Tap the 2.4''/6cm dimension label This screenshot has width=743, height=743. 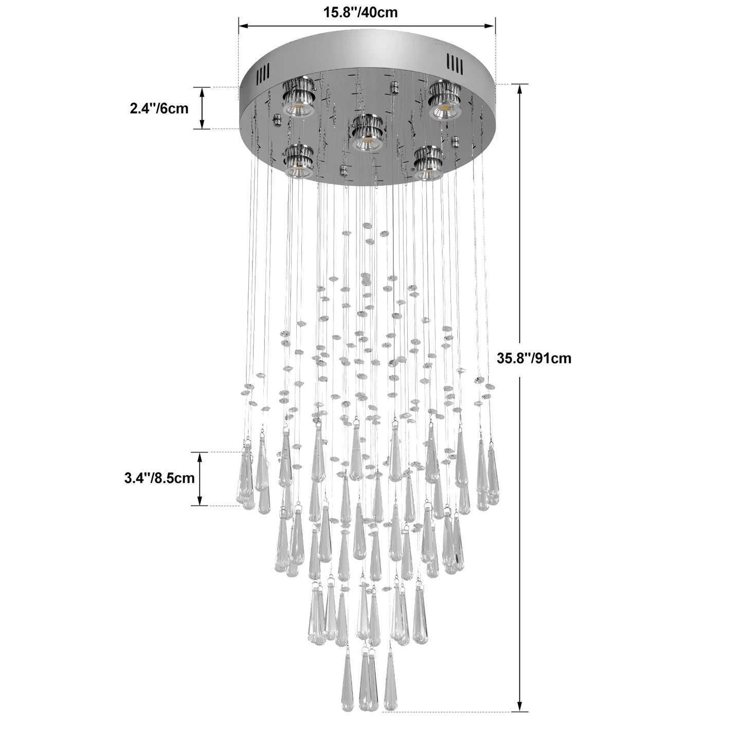[x=159, y=108]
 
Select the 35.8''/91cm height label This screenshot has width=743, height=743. [x=534, y=358]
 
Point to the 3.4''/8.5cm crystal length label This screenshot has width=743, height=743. [x=159, y=478]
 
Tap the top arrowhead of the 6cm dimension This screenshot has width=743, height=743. [x=202, y=92]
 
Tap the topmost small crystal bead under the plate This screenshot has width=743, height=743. [x=367, y=225]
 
